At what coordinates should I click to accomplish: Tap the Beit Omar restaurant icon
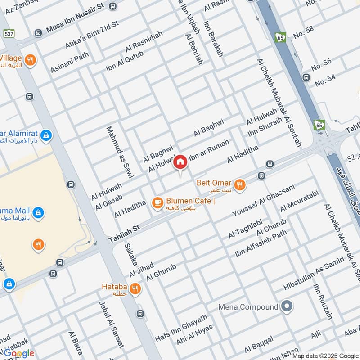pos(240,184)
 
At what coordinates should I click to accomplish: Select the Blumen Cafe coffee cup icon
pos(157,203)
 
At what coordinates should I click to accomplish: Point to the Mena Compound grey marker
pos(286,307)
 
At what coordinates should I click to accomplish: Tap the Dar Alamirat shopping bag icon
pos(45,135)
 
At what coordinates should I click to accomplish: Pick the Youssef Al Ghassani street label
pos(263,199)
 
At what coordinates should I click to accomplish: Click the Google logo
pos(19,353)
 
